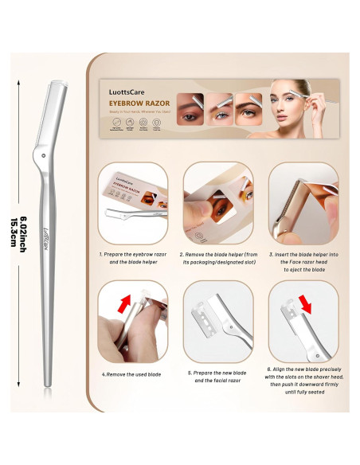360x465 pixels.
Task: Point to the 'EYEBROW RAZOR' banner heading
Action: (140, 101)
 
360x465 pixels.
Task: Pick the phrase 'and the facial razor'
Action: (217, 381)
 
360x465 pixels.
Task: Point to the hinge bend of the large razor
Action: (45, 148)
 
